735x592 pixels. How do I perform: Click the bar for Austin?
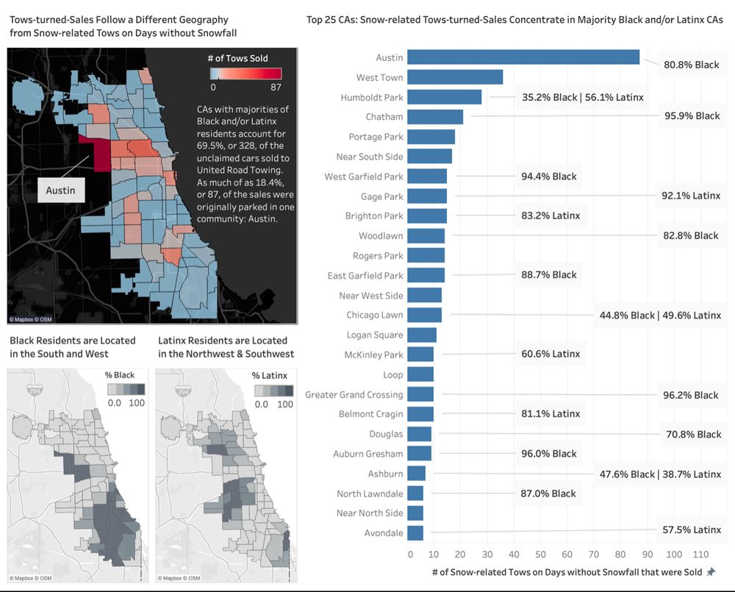click(523, 57)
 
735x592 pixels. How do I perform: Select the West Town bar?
click(455, 77)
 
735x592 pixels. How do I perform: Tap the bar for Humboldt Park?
click(444, 97)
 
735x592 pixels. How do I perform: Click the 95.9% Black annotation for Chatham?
click(692, 116)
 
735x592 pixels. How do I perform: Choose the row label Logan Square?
click(375, 335)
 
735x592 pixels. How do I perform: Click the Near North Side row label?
click(370, 513)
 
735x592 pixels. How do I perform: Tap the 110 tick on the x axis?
click(700, 553)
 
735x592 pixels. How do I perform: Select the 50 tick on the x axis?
click(540, 553)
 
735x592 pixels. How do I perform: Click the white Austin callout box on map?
click(61, 190)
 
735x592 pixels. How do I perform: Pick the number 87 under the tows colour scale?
click(276, 87)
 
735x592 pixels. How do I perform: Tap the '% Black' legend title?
click(120, 375)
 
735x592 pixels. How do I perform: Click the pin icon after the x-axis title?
click(711, 572)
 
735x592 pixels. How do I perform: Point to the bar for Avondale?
click(415, 532)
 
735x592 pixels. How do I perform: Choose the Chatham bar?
click(435, 117)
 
